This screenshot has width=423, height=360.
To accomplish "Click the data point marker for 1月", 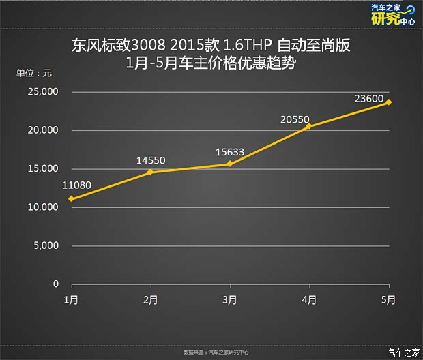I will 70,199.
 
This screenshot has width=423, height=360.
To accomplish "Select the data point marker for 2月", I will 150,172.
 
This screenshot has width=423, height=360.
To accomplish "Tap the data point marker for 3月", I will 230,164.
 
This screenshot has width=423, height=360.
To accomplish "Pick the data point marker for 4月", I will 309,126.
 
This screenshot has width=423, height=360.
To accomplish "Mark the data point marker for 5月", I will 388,102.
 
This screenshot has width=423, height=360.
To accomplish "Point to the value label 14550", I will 150,160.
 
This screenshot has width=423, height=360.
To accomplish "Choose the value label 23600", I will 369,98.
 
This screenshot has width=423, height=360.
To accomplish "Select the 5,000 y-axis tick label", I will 48,245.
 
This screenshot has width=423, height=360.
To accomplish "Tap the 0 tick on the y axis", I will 56,284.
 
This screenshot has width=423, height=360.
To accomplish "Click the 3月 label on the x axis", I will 230,299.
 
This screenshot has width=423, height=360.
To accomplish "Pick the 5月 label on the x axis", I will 388,299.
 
